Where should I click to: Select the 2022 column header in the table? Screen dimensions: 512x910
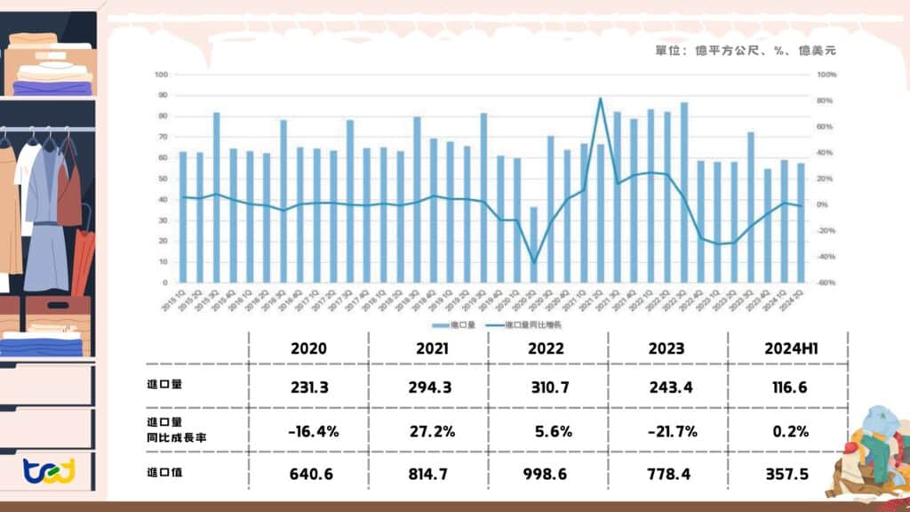[547, 348]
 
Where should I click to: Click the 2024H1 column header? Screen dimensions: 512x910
[786, 348]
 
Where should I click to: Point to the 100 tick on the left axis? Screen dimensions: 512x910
[162, 75]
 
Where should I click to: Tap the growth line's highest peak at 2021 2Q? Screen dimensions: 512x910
[601, 99]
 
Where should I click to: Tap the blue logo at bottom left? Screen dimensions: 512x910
[50, 469]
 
